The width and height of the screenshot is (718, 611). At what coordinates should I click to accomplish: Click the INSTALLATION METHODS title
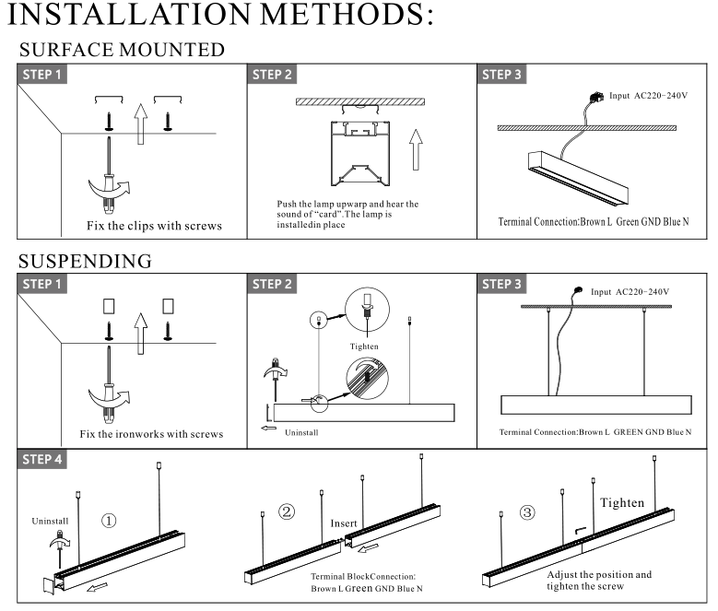tap(227, 19)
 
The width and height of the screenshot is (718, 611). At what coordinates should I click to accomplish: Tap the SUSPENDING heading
tap(86, 261)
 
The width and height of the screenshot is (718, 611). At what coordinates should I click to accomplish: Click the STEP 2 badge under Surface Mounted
tap(273, 75)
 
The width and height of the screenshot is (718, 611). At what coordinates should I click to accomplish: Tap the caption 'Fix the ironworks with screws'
tap(150, 434)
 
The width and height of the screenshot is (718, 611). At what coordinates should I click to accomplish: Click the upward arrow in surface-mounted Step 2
tap(417, 149)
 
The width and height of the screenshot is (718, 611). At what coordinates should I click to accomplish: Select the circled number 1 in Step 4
tap(109, 520)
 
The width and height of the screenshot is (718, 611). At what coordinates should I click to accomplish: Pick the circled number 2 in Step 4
tap(287, 512)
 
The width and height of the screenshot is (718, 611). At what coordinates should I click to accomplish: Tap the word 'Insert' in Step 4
tap(344, 523)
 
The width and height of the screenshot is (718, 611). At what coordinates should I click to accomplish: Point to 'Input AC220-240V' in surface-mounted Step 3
tap(649, 97)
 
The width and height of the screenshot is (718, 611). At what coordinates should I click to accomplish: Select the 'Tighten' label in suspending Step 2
tap(364, 347)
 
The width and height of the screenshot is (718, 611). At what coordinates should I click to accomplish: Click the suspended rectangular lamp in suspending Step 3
tap(595, 405)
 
